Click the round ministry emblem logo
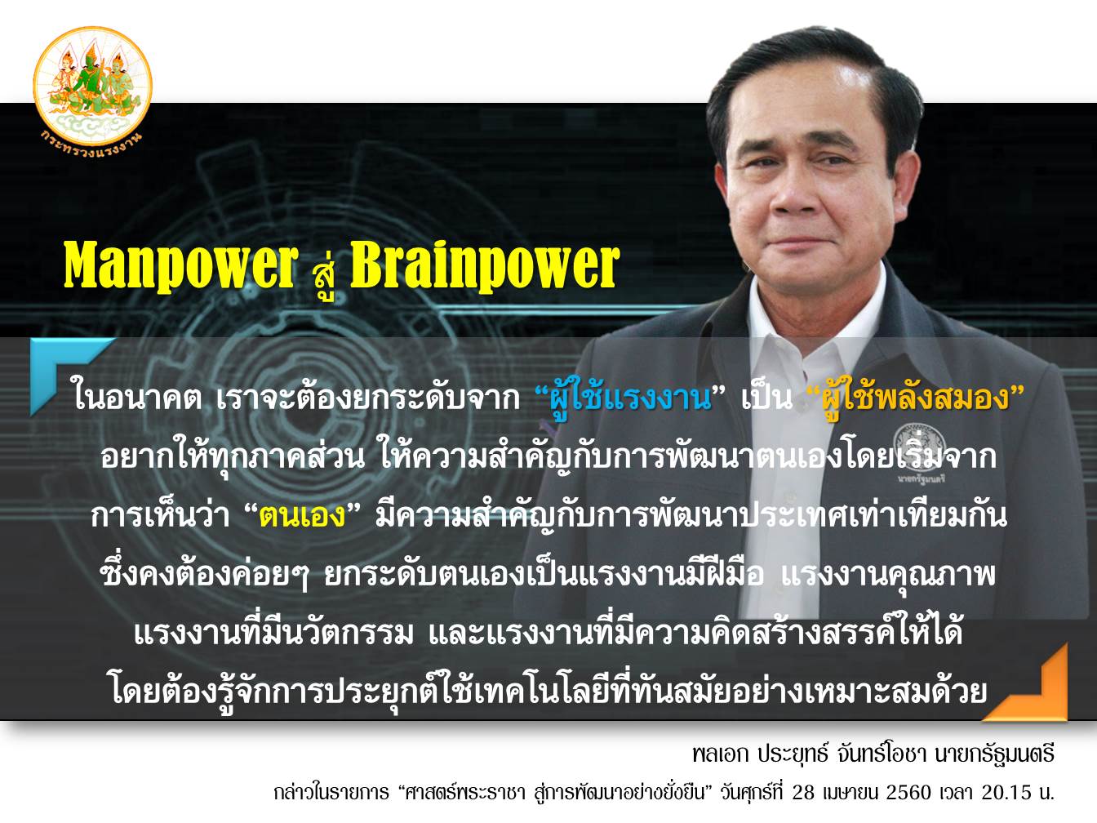pos(92,86)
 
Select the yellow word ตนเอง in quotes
pos(303,515)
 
